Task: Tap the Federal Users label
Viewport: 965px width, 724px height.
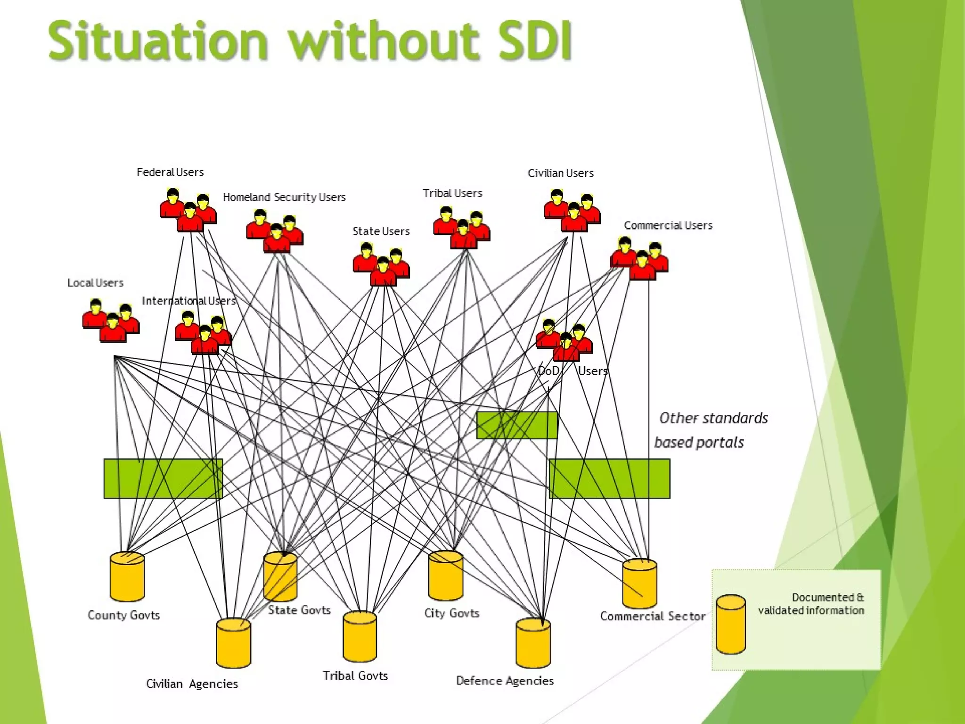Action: tap(170, 172)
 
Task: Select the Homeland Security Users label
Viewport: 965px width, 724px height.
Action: tap(284, 197)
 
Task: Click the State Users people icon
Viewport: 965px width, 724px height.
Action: tap(381, 265)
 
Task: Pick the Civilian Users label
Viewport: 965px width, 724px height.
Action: tap(560, 173)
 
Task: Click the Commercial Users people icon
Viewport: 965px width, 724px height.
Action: tap(639, 259)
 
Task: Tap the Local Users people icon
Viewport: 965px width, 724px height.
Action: tap(111, 321)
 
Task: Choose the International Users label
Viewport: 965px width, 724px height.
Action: tap(188, 301)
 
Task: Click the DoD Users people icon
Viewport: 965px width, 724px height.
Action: tap(564, 341)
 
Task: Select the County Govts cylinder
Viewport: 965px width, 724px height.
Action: tap(127, 577)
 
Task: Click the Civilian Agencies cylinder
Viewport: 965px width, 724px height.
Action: tap(234, 643)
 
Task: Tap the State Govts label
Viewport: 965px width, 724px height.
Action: tap(299, 610)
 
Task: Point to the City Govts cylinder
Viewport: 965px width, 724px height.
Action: tap(446, 576)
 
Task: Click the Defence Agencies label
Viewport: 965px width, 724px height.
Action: tap(505, 681)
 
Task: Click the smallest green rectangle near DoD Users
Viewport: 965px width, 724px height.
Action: tap(517, 425)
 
